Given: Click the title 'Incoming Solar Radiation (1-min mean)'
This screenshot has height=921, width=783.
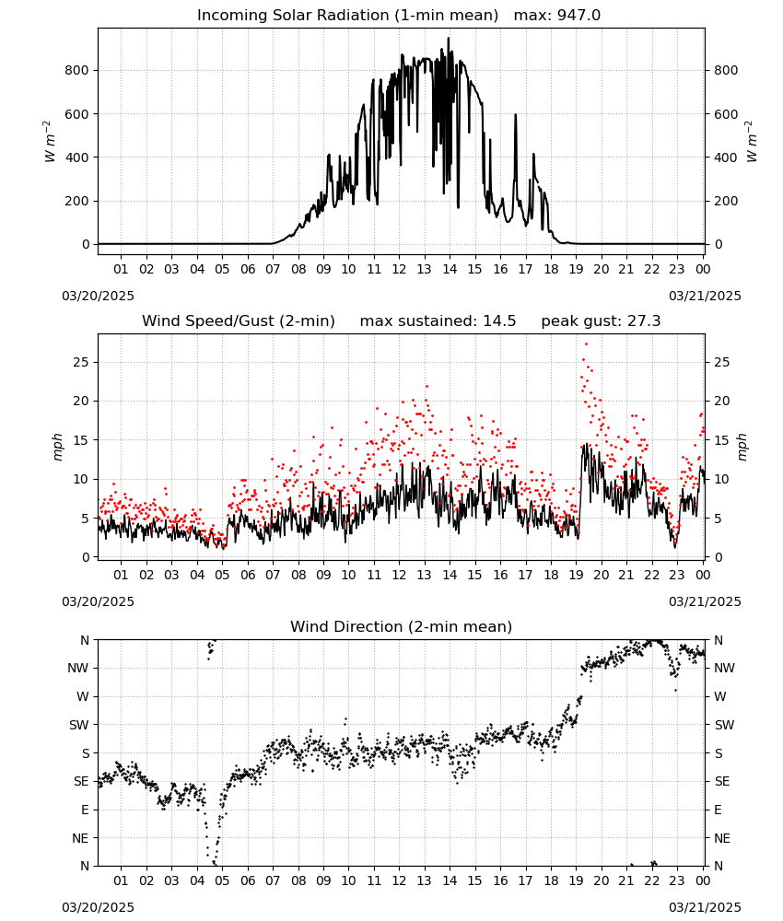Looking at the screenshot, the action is click(347, 16).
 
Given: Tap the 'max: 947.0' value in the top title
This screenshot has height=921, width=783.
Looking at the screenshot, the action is click(557, 16).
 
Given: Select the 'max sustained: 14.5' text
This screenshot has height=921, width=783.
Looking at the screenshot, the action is click(438, 321).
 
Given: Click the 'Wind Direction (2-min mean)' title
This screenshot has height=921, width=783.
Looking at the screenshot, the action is click(402, 626).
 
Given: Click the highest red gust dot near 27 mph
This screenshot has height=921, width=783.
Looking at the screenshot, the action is click(586, 344).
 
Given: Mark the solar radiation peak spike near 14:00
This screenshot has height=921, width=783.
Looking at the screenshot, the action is click(449, 39).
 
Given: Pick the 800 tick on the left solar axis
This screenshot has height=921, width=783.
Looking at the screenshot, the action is click(77, 71).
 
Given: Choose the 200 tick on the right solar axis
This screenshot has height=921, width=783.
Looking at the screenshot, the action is click(726, 201).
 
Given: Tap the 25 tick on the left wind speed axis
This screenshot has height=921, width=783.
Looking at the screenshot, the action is click(81, 362).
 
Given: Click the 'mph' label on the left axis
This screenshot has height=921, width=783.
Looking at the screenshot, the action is click(57, 447).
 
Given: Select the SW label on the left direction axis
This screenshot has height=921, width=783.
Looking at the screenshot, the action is click(79, 725).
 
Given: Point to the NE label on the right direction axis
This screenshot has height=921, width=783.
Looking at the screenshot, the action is click(721, 838).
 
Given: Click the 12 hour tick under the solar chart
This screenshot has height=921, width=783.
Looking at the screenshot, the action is click(399, 270).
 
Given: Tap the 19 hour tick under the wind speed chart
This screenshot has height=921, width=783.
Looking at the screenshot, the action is click(576, 575).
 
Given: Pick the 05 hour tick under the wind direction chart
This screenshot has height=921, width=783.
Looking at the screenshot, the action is click(222, 880).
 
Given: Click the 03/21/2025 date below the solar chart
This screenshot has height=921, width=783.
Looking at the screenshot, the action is click(705, 296).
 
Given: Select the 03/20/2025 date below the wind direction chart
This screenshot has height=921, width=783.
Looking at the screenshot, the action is click(98, 907).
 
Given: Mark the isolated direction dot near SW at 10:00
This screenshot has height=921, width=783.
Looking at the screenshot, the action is click(345, 718).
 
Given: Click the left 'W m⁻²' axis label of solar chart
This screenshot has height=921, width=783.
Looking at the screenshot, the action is click(50, 141).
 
